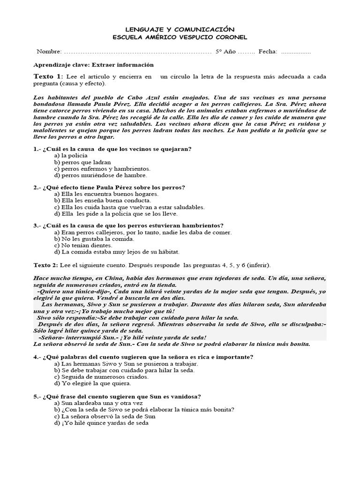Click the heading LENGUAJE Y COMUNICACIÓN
(x=180, y=29)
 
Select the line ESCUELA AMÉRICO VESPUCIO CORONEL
(x=180, y=37)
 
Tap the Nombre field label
(x=49, y=51)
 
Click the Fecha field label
(x=268, y=51)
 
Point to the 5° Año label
(x=225, y=51)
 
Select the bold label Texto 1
(x=47, y=76)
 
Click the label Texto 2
(x=46, y=265)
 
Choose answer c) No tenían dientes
(x=83, y=245)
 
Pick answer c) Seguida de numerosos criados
(x=102, y=376)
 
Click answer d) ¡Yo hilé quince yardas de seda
(x=101, y=422)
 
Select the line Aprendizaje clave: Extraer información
(x=94, y=65)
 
